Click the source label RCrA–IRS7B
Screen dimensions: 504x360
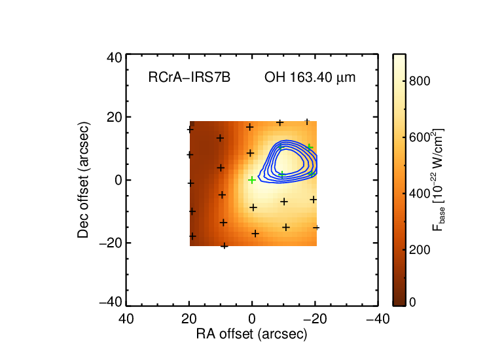point(189,77)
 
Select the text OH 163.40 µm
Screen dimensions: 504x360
point(310,77)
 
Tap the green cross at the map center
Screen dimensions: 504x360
point(252,180)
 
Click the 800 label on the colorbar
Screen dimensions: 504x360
point(420,81)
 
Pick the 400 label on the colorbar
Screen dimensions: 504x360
point(420,194)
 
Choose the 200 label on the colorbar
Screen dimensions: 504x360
point(420,250)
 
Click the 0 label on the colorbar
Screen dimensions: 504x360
point(412,302)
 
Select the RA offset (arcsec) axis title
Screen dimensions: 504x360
point(252,334)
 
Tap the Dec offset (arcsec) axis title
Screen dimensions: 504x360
point(83,180)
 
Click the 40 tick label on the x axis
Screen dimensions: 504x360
point(126,319)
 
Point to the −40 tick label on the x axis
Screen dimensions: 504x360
point(378,319)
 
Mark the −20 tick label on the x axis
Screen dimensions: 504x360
point(315,319)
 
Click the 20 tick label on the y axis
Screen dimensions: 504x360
point(115,117)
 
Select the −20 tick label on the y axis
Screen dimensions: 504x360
point(111,243)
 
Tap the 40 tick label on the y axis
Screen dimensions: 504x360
point(115,58)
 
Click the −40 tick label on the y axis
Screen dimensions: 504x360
point(111,302)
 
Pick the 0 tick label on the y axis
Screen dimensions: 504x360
point(118,180)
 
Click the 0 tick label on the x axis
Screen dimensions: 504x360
point(252,319)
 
